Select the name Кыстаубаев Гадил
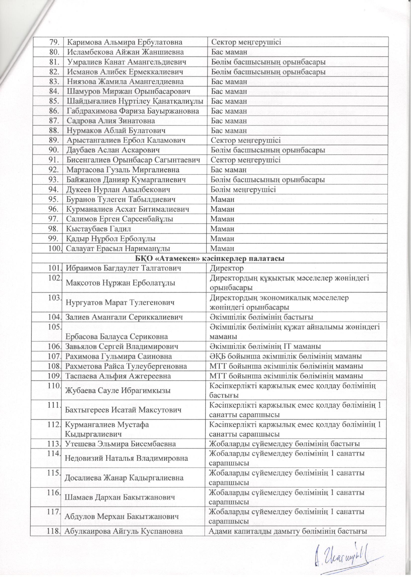click(x=99, y=229)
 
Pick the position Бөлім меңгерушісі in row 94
click(x=243, y=190)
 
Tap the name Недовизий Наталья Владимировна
click(x=126, y=458)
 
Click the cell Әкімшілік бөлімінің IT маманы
click(x=265, y=347)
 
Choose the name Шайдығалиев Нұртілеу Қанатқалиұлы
click(x=135, y=101)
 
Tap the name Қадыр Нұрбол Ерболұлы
click(x=111, y=239)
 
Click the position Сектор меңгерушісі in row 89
click(x=246, y=140)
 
